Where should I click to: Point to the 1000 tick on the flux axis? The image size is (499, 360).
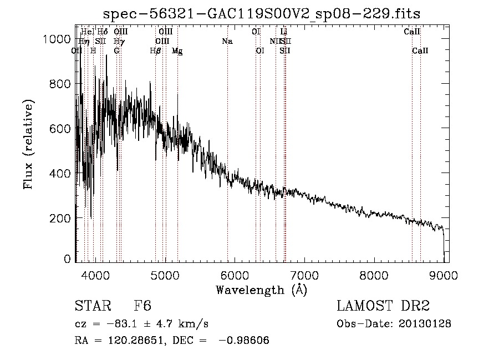(58, 39)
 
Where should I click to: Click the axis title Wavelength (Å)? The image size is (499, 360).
(261, 290)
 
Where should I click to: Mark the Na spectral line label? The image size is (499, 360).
(227, 41)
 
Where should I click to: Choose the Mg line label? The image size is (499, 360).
(177, 51)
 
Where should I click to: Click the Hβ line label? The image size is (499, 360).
(156, 51)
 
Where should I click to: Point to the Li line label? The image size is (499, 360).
(284, 32)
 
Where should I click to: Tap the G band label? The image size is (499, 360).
(116, 51)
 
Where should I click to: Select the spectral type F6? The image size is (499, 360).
(142, 306)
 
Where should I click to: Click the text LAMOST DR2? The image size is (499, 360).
(383, 306)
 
